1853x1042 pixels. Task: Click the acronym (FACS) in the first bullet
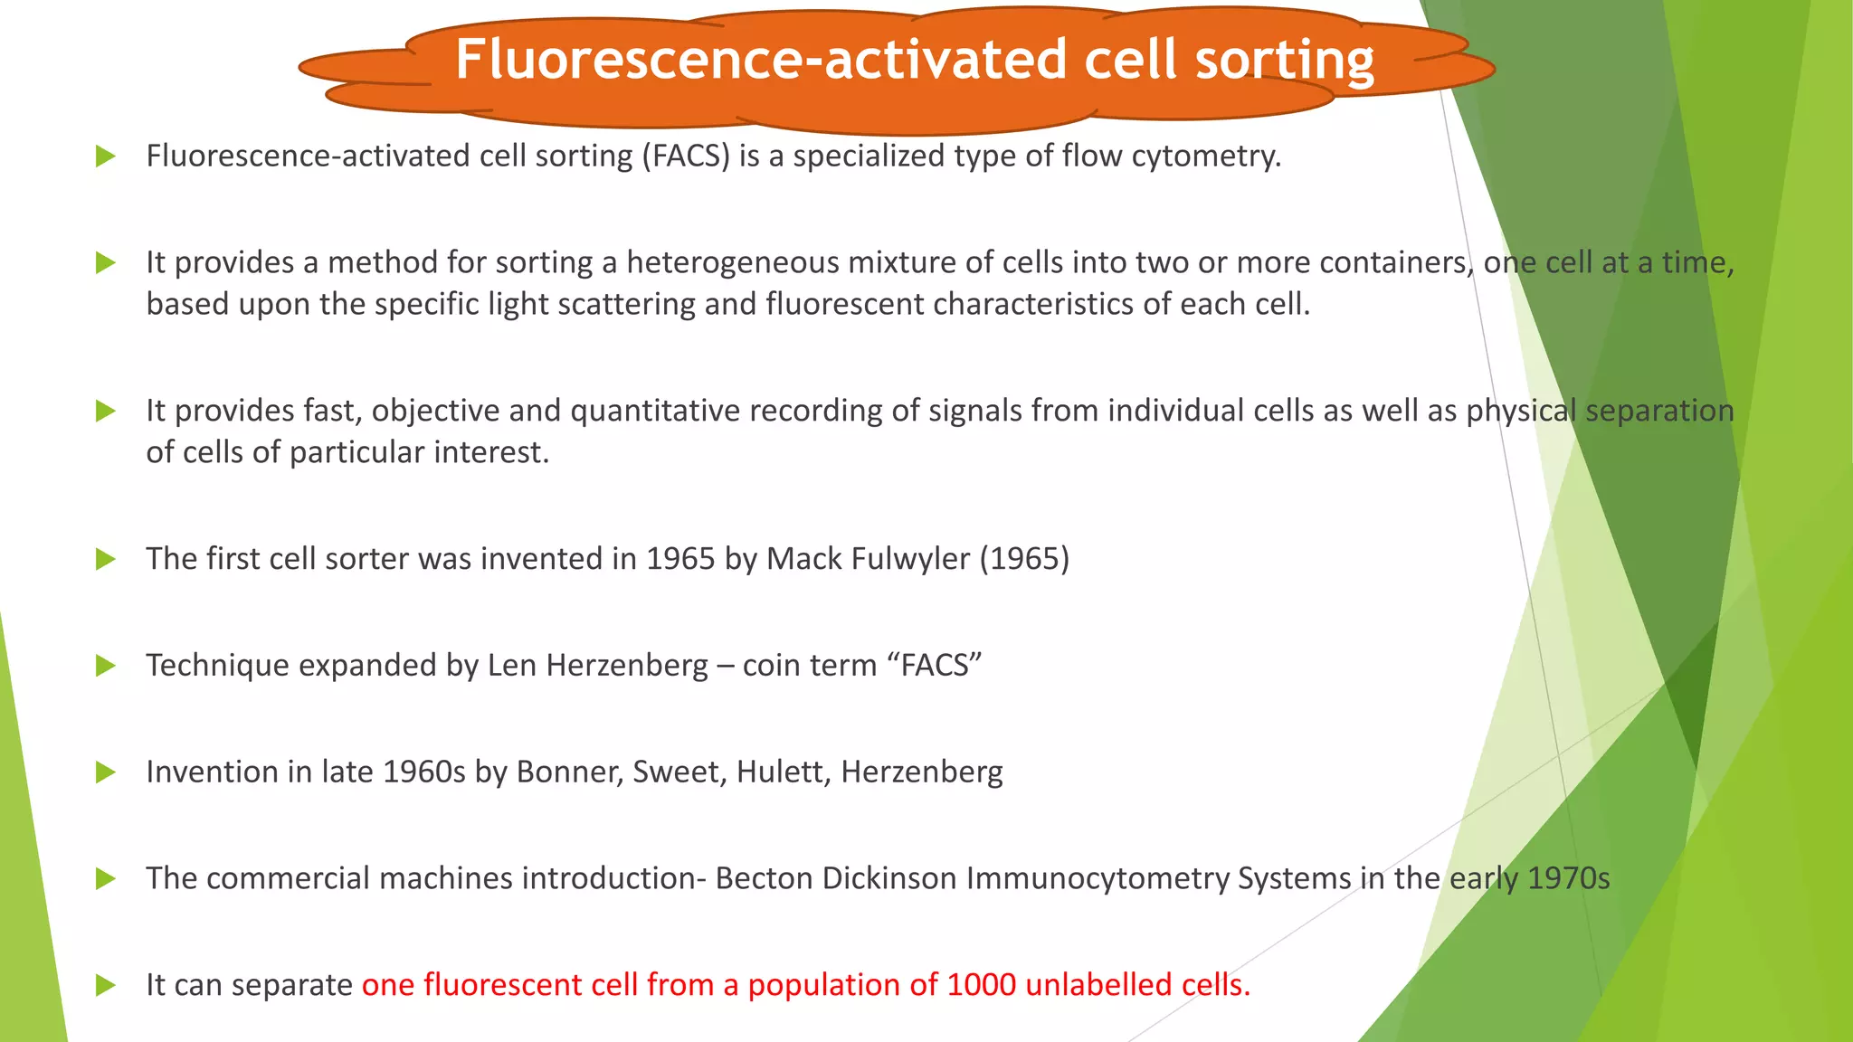(686, 156)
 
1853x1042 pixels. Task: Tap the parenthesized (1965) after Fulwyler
(1024, 560)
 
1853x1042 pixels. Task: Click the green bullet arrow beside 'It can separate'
(106, 985)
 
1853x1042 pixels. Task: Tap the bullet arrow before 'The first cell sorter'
(106, 559)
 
